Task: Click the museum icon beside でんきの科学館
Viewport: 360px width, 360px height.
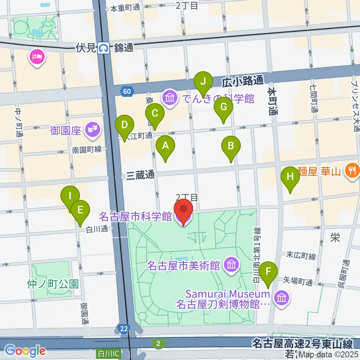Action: [170, 98]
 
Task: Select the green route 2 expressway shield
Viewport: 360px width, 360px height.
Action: [159, 343]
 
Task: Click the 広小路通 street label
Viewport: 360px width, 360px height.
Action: [243, 81]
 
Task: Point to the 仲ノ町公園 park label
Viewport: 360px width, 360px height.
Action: [52, 283]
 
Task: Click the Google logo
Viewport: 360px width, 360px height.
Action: [25, 351]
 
